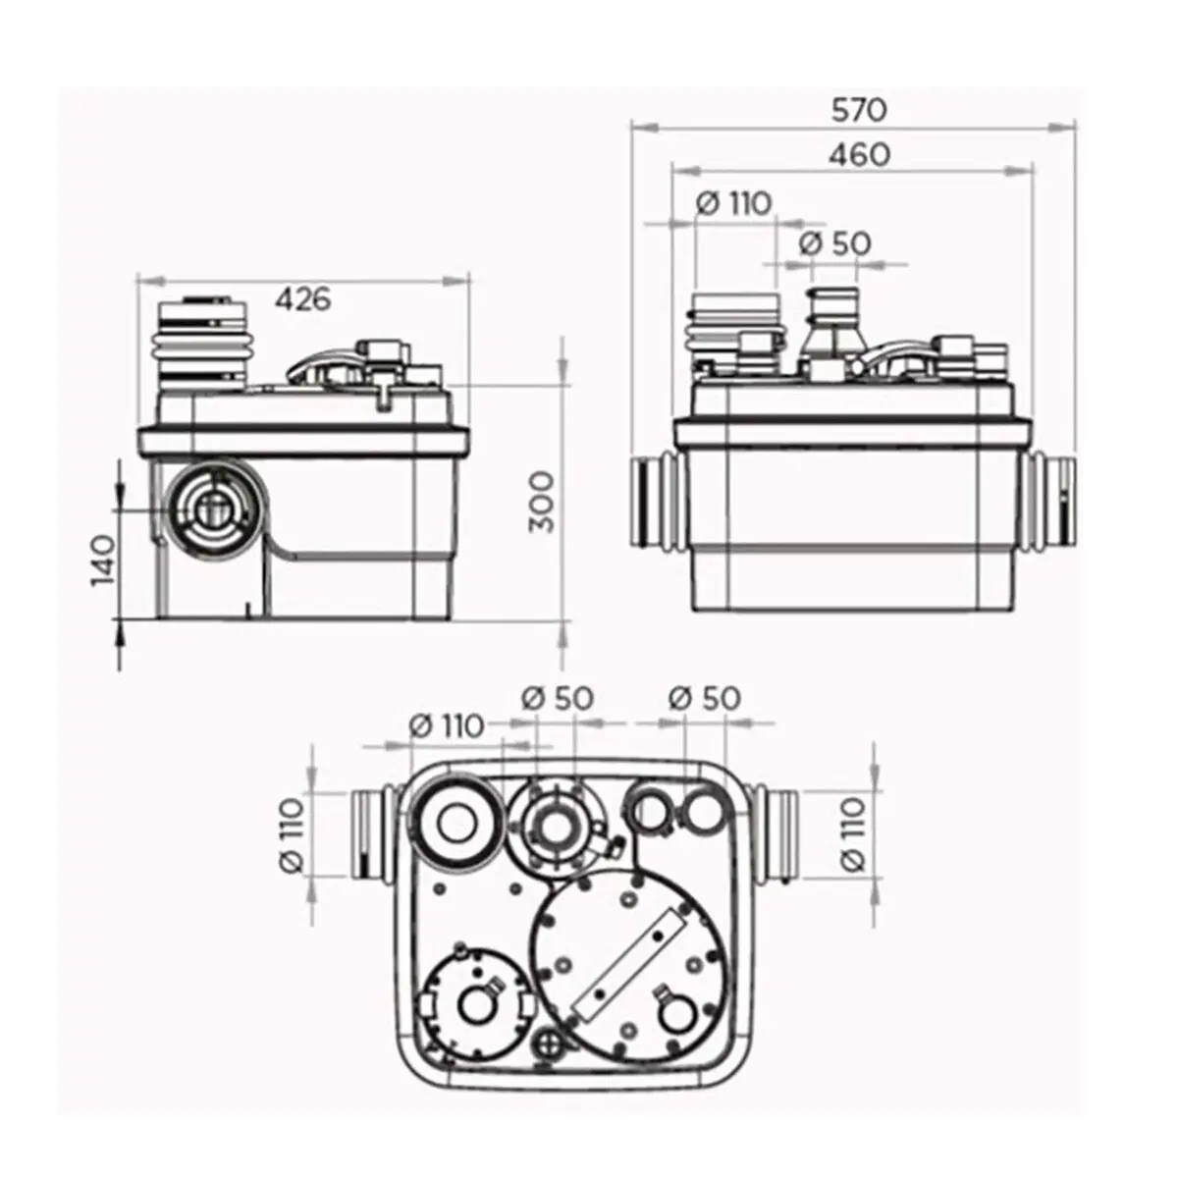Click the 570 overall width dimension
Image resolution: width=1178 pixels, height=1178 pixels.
pyautogui.click(x=859, y=109)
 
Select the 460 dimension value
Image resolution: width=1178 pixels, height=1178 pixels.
pyautogui.click(x=859, y=154)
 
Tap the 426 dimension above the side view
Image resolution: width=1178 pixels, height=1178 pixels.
pyautogui.click(x=302, y=297)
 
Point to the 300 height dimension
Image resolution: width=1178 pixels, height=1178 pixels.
pyautogui.click(x=541, y=501)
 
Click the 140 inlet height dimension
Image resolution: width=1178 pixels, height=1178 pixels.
pyautogui.click(x=104, y=560)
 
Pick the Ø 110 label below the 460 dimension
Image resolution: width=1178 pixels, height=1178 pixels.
pyautogui.click(x=733, y=203)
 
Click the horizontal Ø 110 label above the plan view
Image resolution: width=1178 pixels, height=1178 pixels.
pyautogui.click(x=446, y=726)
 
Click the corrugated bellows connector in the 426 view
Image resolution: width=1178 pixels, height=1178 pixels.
pyautogui.click(x=204, y=344)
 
